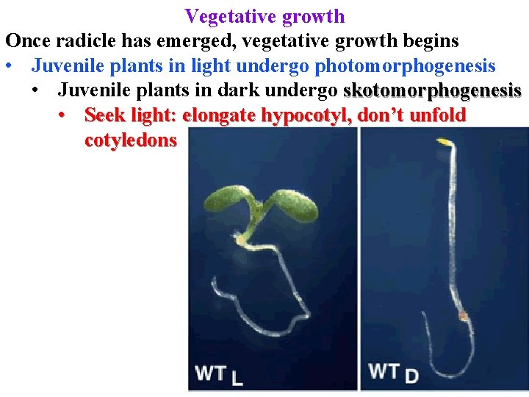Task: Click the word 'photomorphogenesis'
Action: [x=405, y=66]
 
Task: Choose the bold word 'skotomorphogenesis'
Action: [x=432, y=91]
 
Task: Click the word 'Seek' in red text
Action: [x=104, y=115]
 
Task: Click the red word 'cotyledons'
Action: [x=131, y=140]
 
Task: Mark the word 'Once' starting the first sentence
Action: [x=26, y=40]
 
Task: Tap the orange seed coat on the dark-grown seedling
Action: [x=463, y=316]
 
